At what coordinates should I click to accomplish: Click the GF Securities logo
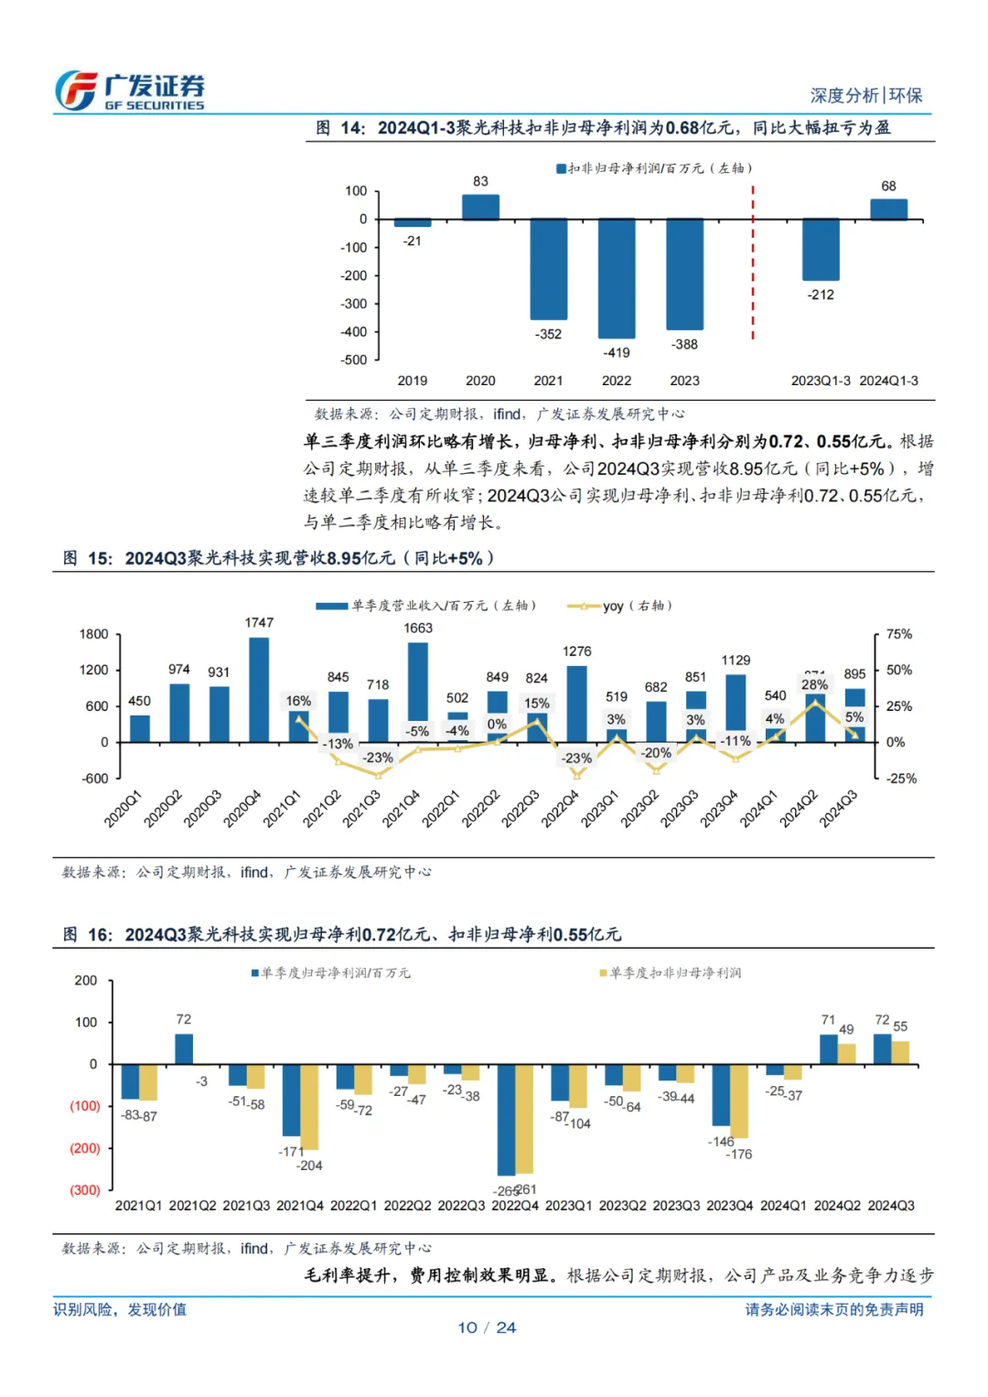[129, 91]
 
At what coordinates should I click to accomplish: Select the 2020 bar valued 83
[480, 207]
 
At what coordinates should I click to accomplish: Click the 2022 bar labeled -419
[617, 278]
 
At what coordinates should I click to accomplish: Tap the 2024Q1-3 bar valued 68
[888, 210]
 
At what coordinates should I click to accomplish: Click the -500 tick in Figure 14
[354, 360]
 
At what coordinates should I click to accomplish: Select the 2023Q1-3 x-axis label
[821, 381]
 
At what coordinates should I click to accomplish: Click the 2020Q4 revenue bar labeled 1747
[259, 690]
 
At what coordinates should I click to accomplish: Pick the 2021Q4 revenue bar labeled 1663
[418, 682]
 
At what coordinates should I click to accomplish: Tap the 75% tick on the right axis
[899, 634]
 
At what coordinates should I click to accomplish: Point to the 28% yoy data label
[814, 684]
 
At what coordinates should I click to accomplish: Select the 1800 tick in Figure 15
[94, 634]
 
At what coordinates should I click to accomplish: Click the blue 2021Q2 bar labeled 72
[184, 1048]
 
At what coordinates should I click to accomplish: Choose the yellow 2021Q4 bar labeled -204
[309, 1107]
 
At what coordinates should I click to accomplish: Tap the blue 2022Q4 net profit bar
[506, 1120]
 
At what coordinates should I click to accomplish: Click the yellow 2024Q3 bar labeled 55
[900, 1052]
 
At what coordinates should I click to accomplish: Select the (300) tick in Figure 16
[85, 1190]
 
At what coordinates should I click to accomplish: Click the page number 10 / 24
[487, 1327]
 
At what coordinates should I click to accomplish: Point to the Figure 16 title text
[342, 934]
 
